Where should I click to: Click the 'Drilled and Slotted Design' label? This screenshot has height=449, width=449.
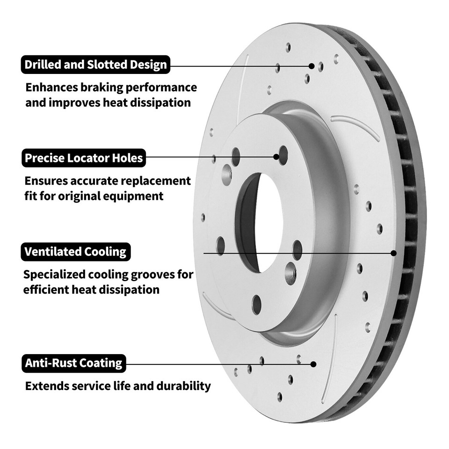pyautogui.click(x=95, y=65)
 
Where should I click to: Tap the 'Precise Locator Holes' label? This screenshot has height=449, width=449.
pyautogui.click(x=84, y=158)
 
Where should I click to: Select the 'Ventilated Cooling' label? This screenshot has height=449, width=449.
pyautogui.click(x=75, y=252)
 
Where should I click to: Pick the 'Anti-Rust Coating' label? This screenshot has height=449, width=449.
pyautogui.click(x=73, y=363)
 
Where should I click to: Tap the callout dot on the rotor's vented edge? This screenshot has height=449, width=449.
pyautogui.click(x=393, y=253)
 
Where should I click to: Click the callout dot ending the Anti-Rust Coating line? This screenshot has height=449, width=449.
pyautogui.click(x=313, y=363)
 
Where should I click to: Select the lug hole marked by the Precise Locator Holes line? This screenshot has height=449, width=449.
pyautogui.click(x=283, y=155)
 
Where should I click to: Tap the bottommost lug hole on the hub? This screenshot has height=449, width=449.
pyautogui.click(x=256, y=304)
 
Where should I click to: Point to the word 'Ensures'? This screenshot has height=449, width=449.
pyautogui.click(x=45, y=181)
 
